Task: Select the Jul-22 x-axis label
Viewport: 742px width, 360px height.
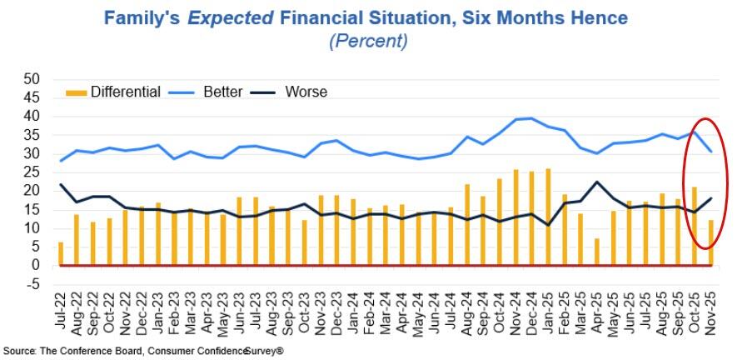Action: [60, 311]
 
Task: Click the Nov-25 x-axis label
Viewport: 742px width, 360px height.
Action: [711, 311]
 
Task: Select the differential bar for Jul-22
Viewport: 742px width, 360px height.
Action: [60, 253]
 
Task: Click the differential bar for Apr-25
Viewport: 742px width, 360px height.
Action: [597, 252]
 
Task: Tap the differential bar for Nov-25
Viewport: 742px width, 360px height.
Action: [711, 242]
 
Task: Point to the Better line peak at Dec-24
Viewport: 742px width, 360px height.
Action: [531, 118]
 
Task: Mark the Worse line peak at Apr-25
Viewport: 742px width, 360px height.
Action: [597, 182]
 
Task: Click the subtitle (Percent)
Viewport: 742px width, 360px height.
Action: [371, 41]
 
